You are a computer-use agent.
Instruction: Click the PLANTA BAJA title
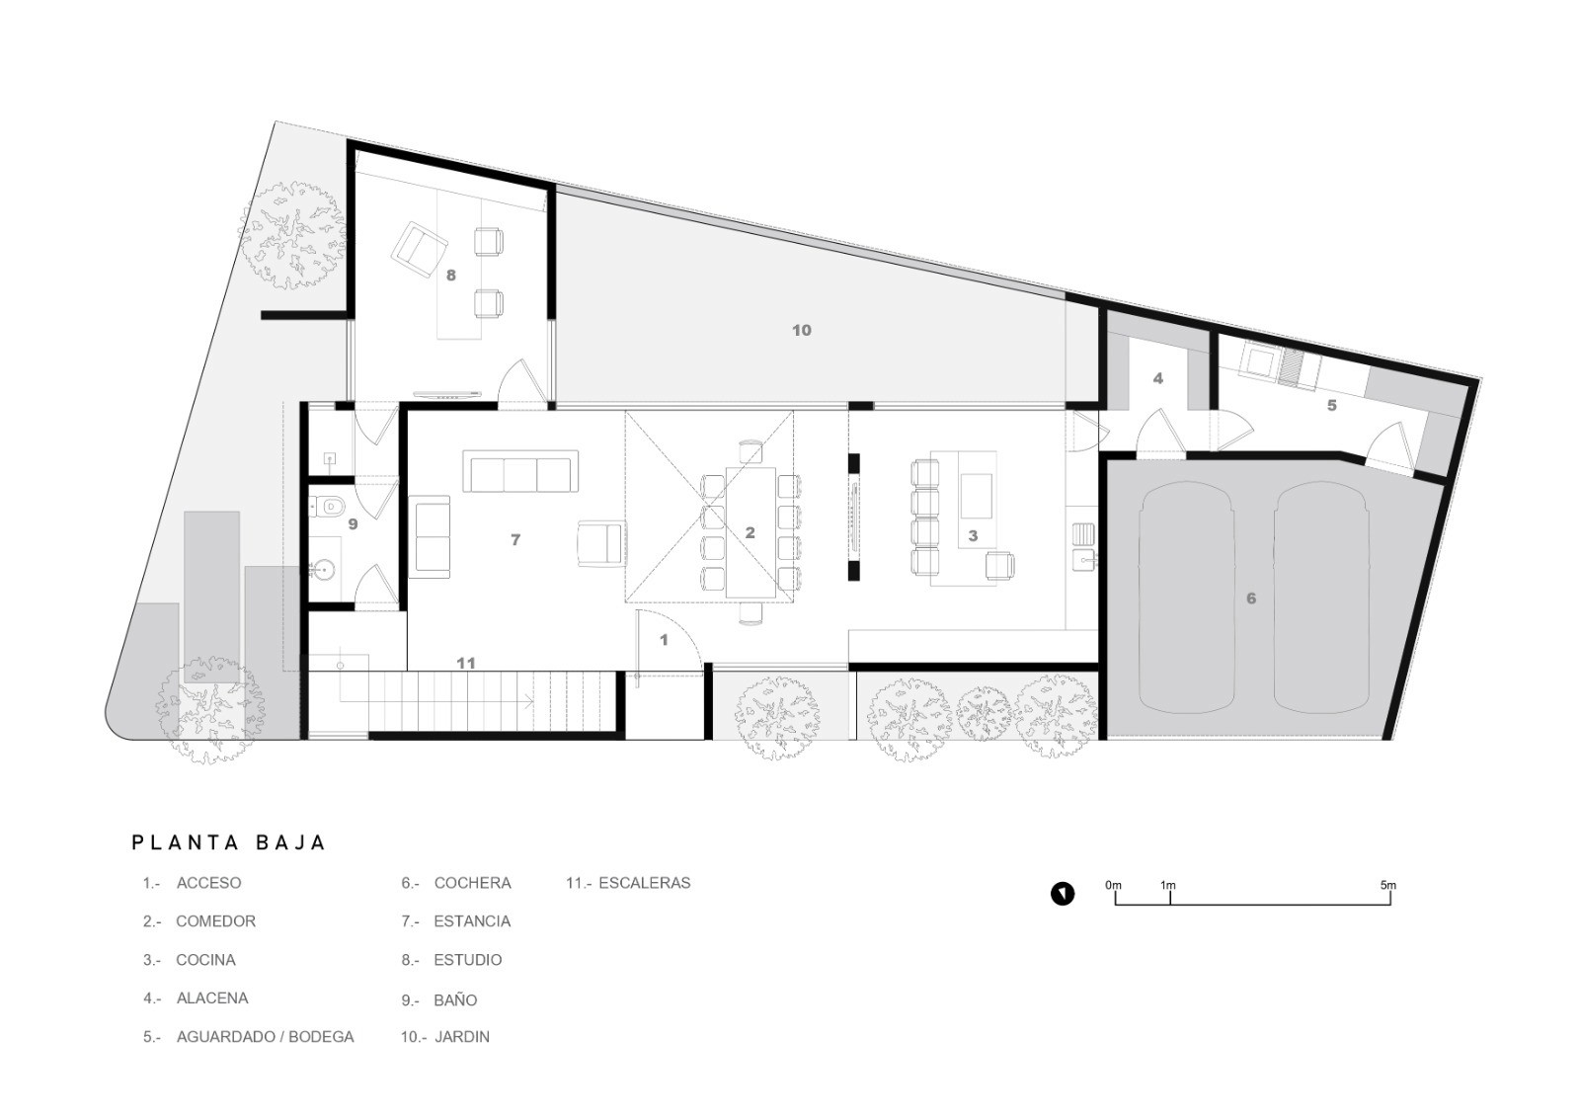pyautogui.click(x=228, y=842)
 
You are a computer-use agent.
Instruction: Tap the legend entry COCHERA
pyautogui.click(x=472, y=883)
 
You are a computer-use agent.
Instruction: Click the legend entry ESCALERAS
pyautogui.click(x=644, y=883)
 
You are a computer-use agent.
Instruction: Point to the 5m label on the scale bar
pyautogui.click(x=1387, y=885)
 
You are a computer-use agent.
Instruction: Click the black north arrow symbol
pyautogui.click(x=1063, y=894)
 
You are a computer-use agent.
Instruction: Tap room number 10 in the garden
pyautogui.click(x=801, y=330)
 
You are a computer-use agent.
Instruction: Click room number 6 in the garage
pyautogui.click(x=1250, y=598)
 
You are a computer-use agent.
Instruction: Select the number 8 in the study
pyautogui.click(x=450, y=276)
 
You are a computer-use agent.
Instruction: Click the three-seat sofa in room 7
pyautogui.click(x=520, y=471)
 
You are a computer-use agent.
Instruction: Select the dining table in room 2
pyautogui.click(x=750, y=532)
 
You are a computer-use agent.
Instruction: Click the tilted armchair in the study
pyautogui.click(x=420, y=249)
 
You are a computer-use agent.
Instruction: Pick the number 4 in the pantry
pyautogui.click(x=1157, y=379)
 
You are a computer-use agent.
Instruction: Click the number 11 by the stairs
pyautogui.click(x=465, y=663)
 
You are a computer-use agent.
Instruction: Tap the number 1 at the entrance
pyautogui.click(x=663, y=640)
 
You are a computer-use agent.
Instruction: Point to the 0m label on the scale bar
pyautogui.click(x=1113, y=885)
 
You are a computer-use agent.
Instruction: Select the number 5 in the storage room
pyautogui.click(x=1332, y=406)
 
